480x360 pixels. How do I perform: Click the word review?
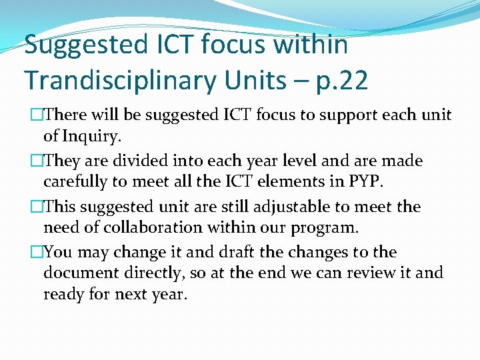tap(371, 273)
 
